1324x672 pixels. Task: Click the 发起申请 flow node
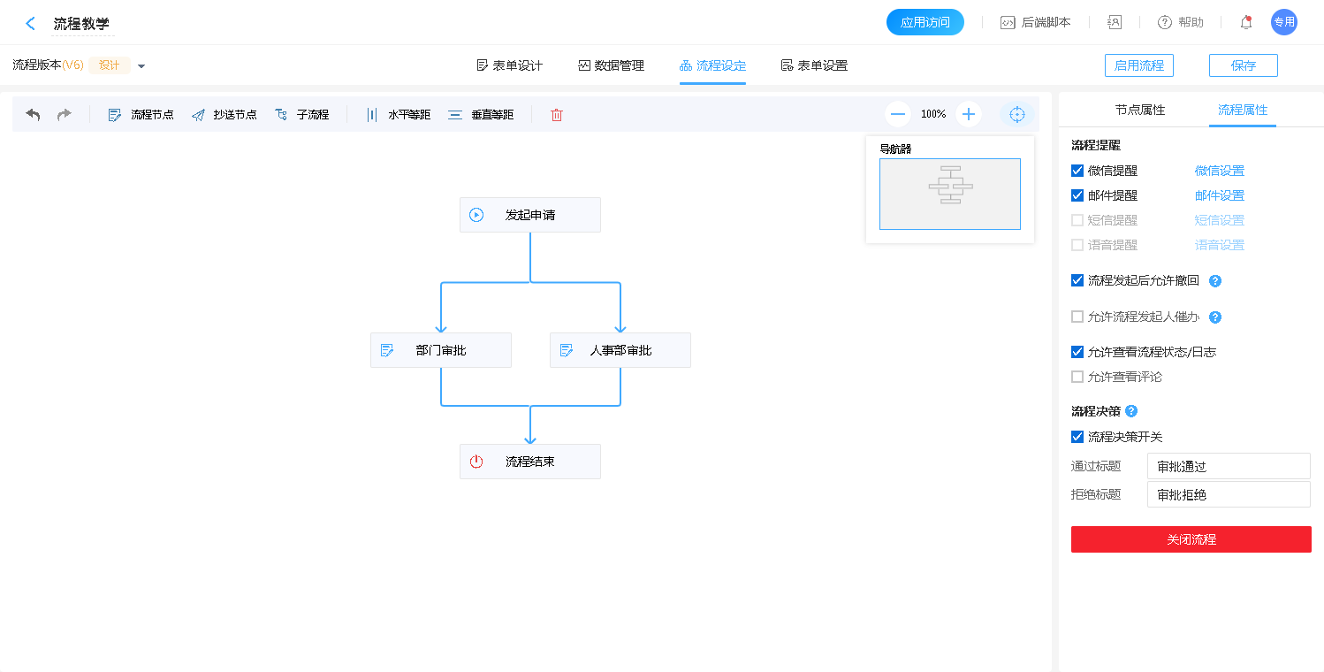(x=529, y=215)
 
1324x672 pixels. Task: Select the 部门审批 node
(x=440, y=350)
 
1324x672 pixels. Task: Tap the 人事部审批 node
(x=620, y=350)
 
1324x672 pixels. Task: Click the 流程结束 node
(x=529, y=462)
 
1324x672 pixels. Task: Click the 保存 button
(x=1243, y=65)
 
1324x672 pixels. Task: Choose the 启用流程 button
(x=1138, y=65)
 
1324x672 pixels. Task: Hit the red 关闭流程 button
(x=1191, y=539)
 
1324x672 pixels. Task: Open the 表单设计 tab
(x=509, y=65)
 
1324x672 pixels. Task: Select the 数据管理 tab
(x=611, y=65)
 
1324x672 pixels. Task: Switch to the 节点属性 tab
(x=1139, y=111)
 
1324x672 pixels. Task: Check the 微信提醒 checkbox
(x=1077, y=171)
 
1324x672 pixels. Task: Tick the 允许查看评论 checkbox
(x=1077, y=377)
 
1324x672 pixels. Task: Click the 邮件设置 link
(x=1219, y=195)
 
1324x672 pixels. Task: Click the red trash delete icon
(x=557, y=115)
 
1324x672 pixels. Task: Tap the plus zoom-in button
(x=969, y=114)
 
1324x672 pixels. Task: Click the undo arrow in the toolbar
(x=33, y=115)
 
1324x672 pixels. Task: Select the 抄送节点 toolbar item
(x=224, y=115)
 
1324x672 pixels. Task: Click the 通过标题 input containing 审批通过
(x=1228, y=466)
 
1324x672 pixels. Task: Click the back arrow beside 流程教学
(x=31, y=24)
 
